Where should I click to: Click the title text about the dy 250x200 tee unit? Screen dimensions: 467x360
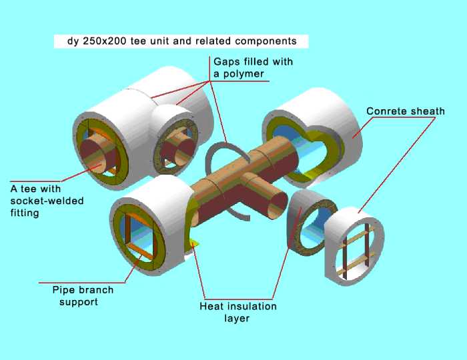(x=181, y=41)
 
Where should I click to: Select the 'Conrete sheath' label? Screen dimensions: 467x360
(x=405, y=111)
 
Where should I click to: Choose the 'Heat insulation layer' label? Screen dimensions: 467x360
(x=238, y=312)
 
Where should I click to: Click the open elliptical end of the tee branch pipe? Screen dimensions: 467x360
(x=274, y=203)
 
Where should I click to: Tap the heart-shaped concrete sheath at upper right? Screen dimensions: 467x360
(x=314, y=133)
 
